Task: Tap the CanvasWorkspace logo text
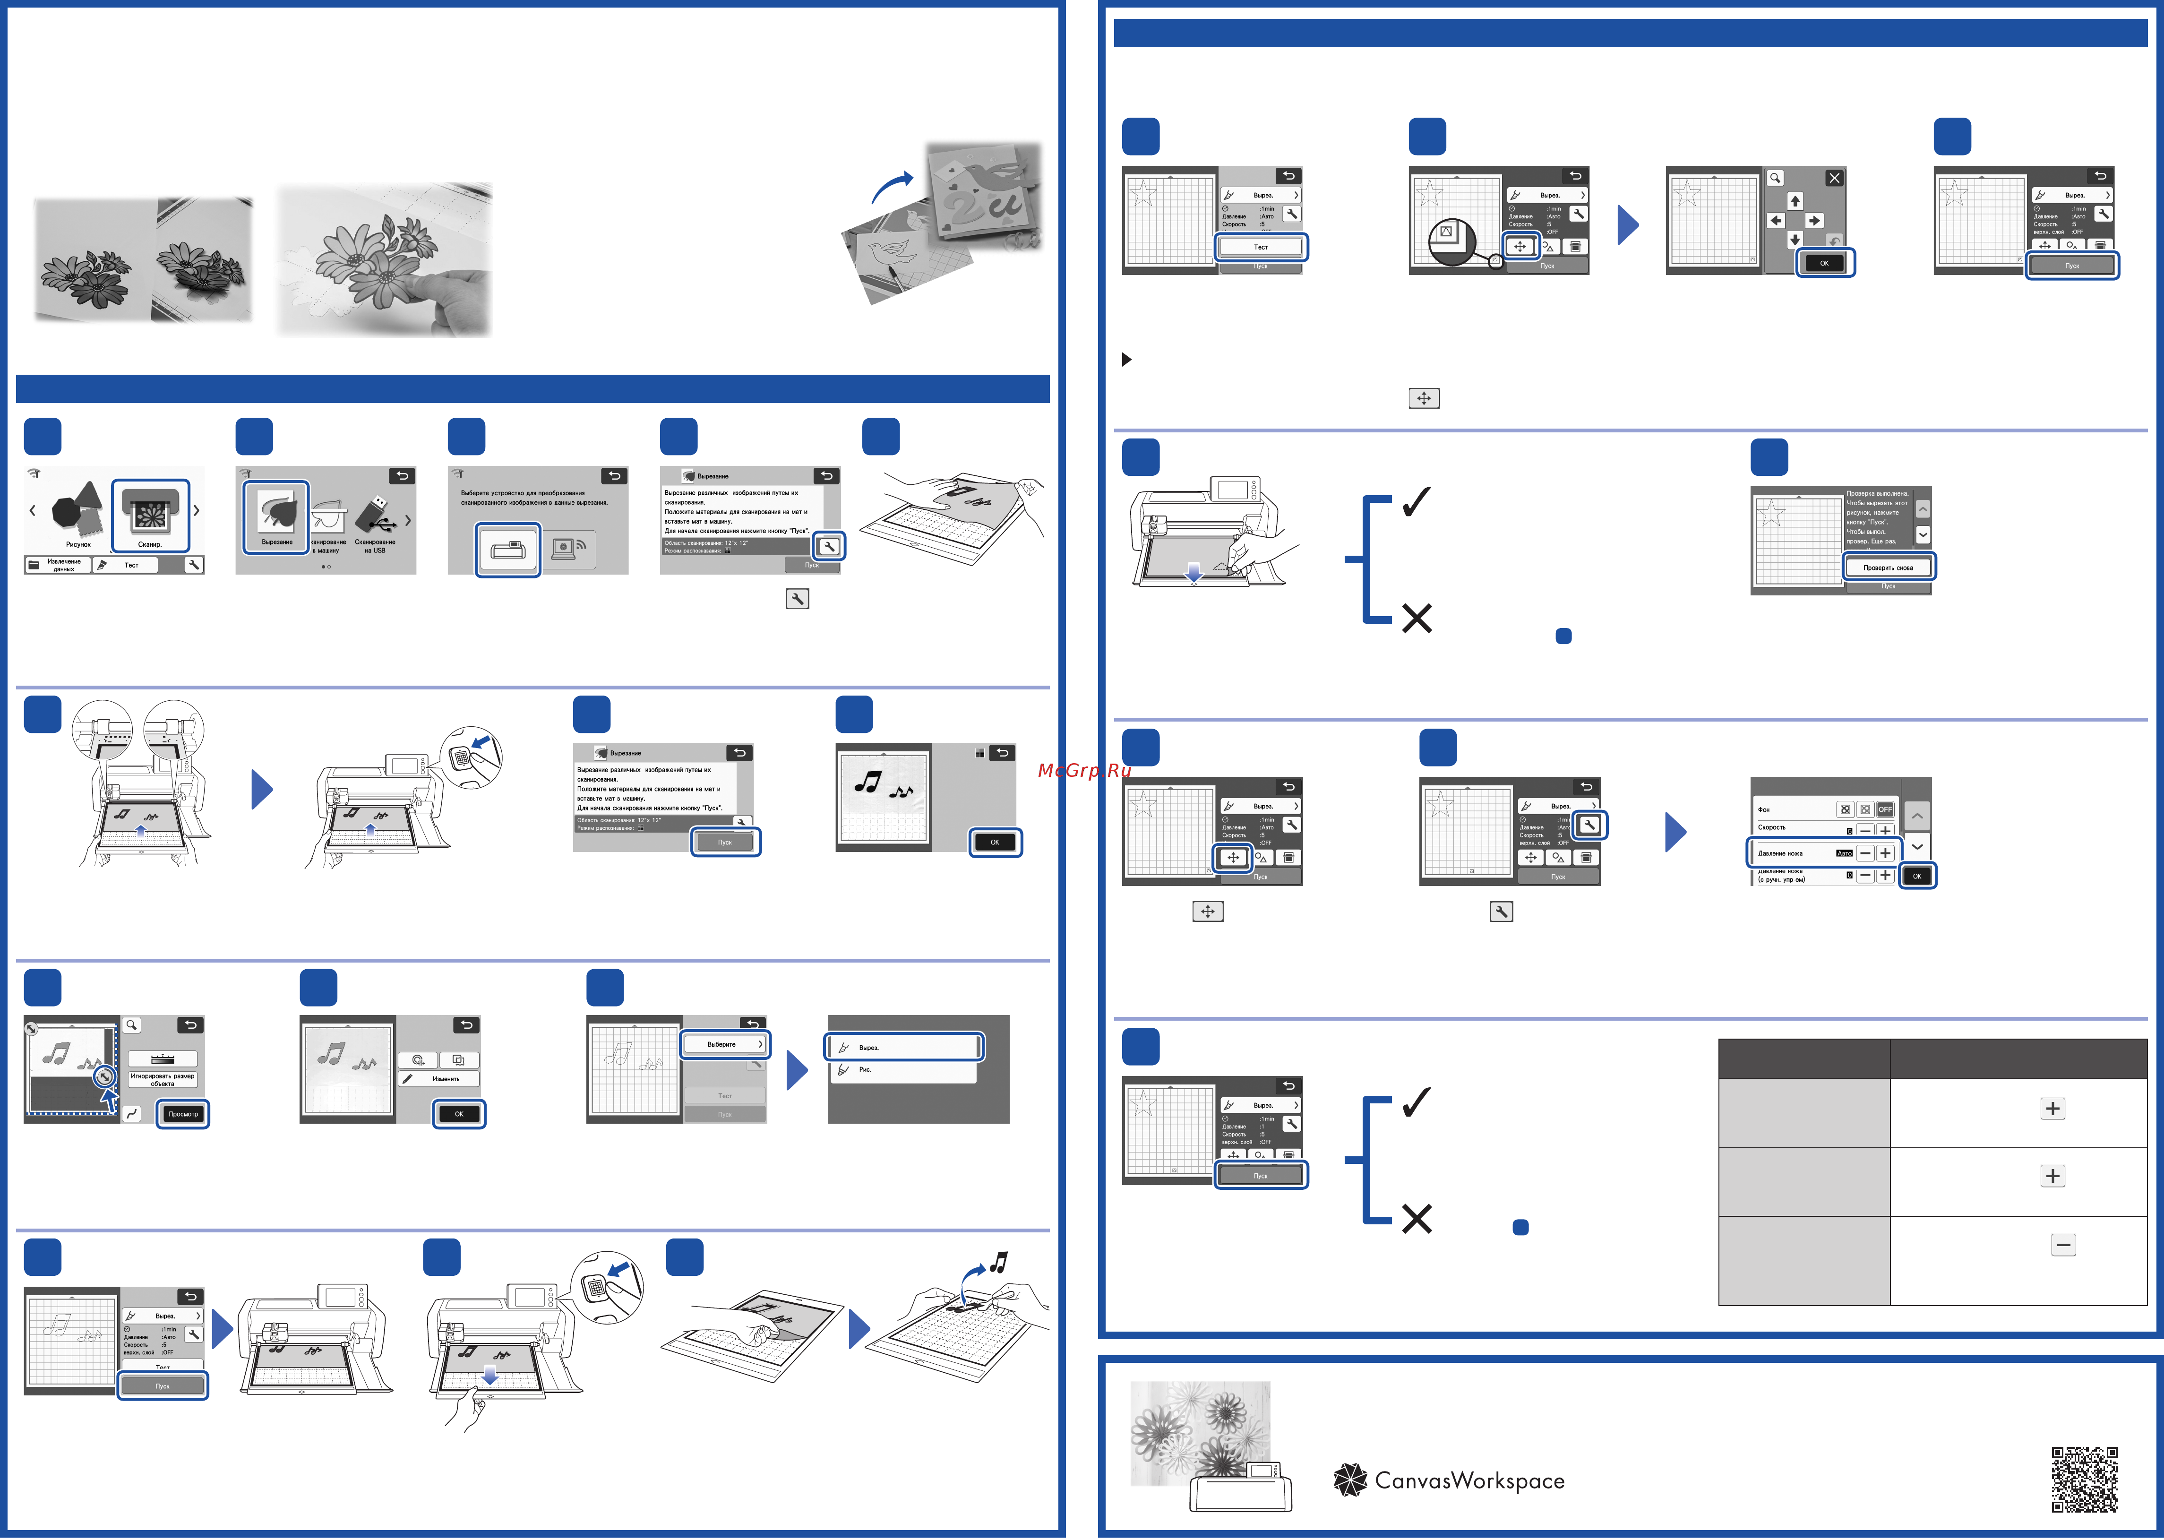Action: click(1468, 1480)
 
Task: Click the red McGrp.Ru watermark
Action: click(1084, 770)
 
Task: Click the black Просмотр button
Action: click(183, 1113)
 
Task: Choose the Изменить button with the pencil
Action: click(439, 1079)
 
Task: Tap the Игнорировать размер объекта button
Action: click(162, 1079)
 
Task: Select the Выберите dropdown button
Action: click(724, 1044)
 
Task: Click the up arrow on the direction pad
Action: click(1794, 201)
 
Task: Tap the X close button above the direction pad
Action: click(1834, 178)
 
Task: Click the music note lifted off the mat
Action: click(997, 1262)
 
